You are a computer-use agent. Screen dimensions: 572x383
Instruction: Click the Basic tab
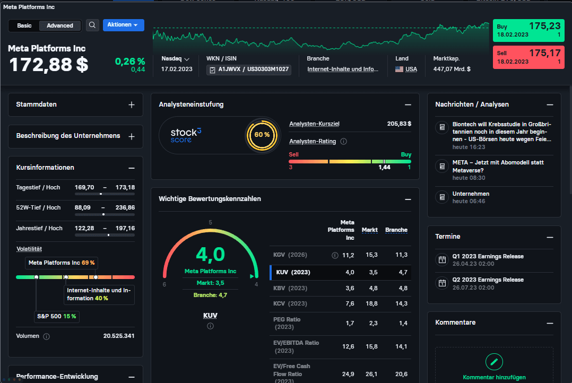24,25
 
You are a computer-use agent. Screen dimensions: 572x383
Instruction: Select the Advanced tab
60,25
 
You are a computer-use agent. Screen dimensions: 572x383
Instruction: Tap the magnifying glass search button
92,25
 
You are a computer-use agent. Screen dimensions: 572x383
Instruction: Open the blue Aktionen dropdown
123,25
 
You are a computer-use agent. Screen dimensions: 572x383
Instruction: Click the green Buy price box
528,30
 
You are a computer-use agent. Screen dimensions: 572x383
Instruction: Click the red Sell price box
528,57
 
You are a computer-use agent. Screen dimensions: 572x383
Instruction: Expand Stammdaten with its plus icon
132,105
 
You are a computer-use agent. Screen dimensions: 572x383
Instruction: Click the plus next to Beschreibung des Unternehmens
132,136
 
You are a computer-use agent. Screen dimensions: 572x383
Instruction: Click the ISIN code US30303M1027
268,69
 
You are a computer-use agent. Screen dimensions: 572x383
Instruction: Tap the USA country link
411,69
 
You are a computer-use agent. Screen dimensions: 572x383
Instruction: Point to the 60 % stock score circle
262,135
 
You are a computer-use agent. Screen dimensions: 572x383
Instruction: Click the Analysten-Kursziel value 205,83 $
399,124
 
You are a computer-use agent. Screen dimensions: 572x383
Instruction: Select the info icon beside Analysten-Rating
343,142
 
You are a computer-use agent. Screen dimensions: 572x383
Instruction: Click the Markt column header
369,230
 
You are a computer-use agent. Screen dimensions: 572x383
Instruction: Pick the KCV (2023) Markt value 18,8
371,303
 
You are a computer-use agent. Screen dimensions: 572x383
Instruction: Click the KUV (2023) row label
293,273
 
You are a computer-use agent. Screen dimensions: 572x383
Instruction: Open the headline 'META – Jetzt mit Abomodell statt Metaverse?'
498,167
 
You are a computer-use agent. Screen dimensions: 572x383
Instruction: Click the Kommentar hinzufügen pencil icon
494,362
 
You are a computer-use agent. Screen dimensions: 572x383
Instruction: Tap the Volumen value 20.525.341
118,336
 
